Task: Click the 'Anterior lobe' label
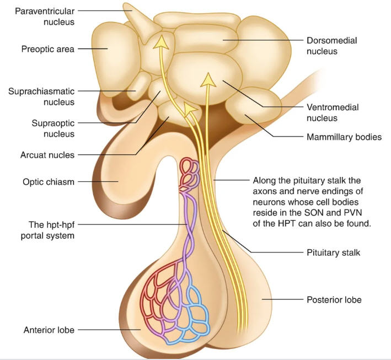coord(49,330)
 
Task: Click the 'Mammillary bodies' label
coord(344,137)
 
